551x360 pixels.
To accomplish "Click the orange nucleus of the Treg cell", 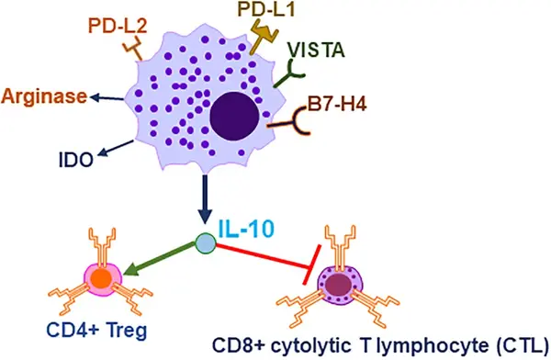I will pos(102,278).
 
